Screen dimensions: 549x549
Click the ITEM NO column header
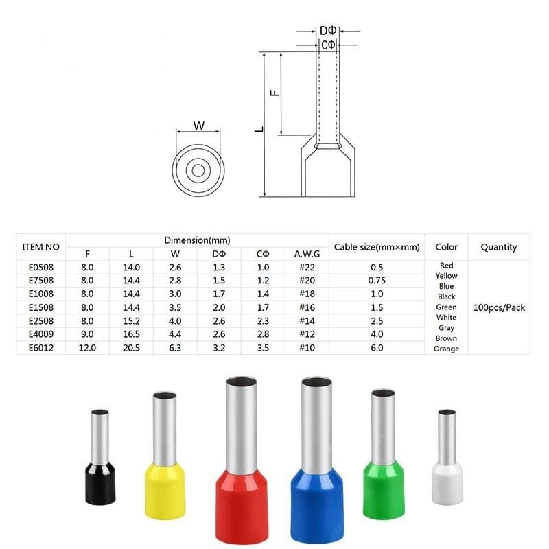40,247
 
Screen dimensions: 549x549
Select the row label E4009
41,334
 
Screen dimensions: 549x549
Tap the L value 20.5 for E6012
131,348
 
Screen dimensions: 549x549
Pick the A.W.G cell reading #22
307,267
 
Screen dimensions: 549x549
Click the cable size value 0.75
377,281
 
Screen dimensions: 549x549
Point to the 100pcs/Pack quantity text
499,307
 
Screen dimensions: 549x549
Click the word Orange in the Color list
446,349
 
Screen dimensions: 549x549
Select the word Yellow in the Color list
446,276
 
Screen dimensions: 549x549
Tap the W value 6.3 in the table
175,348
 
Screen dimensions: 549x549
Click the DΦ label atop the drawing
328,31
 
